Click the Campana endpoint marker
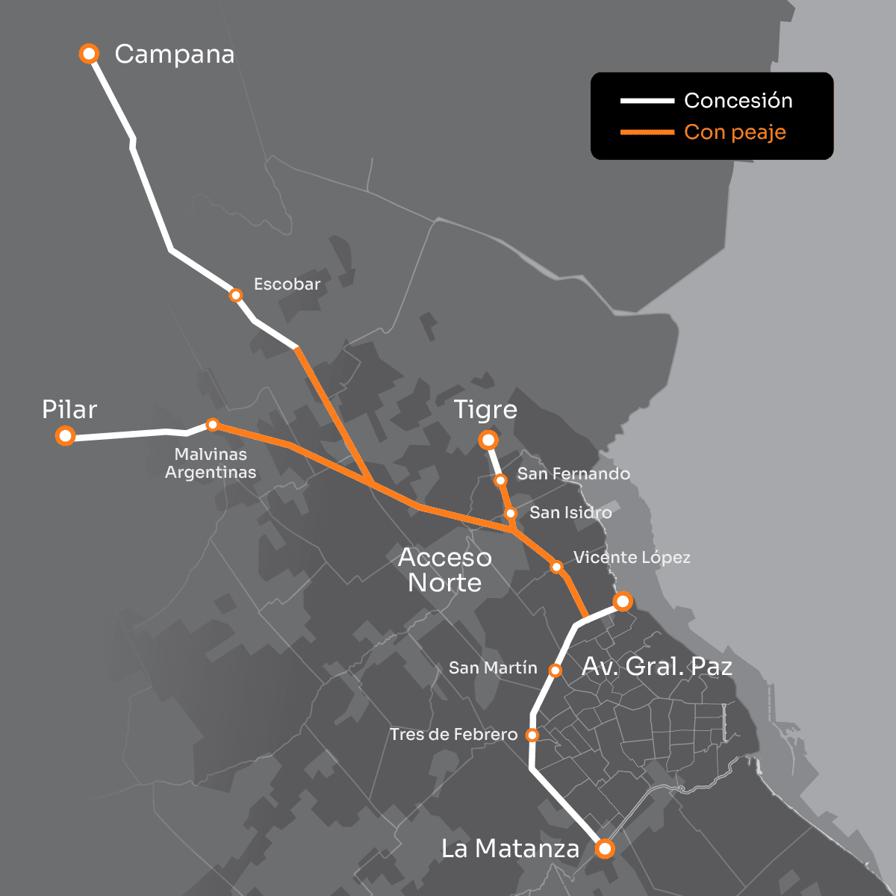(x=90, y=54)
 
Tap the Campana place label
(x=175, y=55)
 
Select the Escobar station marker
(x=236, y=295)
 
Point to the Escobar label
(x=287, y=284)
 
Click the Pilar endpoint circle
(x=66, y=435)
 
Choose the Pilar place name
(x=69, y=410)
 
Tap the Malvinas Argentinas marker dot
(x=212, y=424)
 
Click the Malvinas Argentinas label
(x=211, y=463)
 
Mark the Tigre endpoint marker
(x=488, y=440)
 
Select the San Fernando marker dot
(x=501, y=480)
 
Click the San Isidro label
(x=570, y=513)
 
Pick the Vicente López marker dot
(x=556, y=567)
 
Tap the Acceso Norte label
(x=445, y=570)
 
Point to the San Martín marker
(x=555, y=671)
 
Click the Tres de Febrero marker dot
(x=532, y=735)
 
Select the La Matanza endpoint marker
(x=605, y=849)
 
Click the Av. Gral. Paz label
(x=657, y=667)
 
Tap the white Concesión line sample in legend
(x=647, y=101)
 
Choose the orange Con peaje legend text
(x=735, y=132)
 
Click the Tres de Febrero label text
(x=453, y=735)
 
